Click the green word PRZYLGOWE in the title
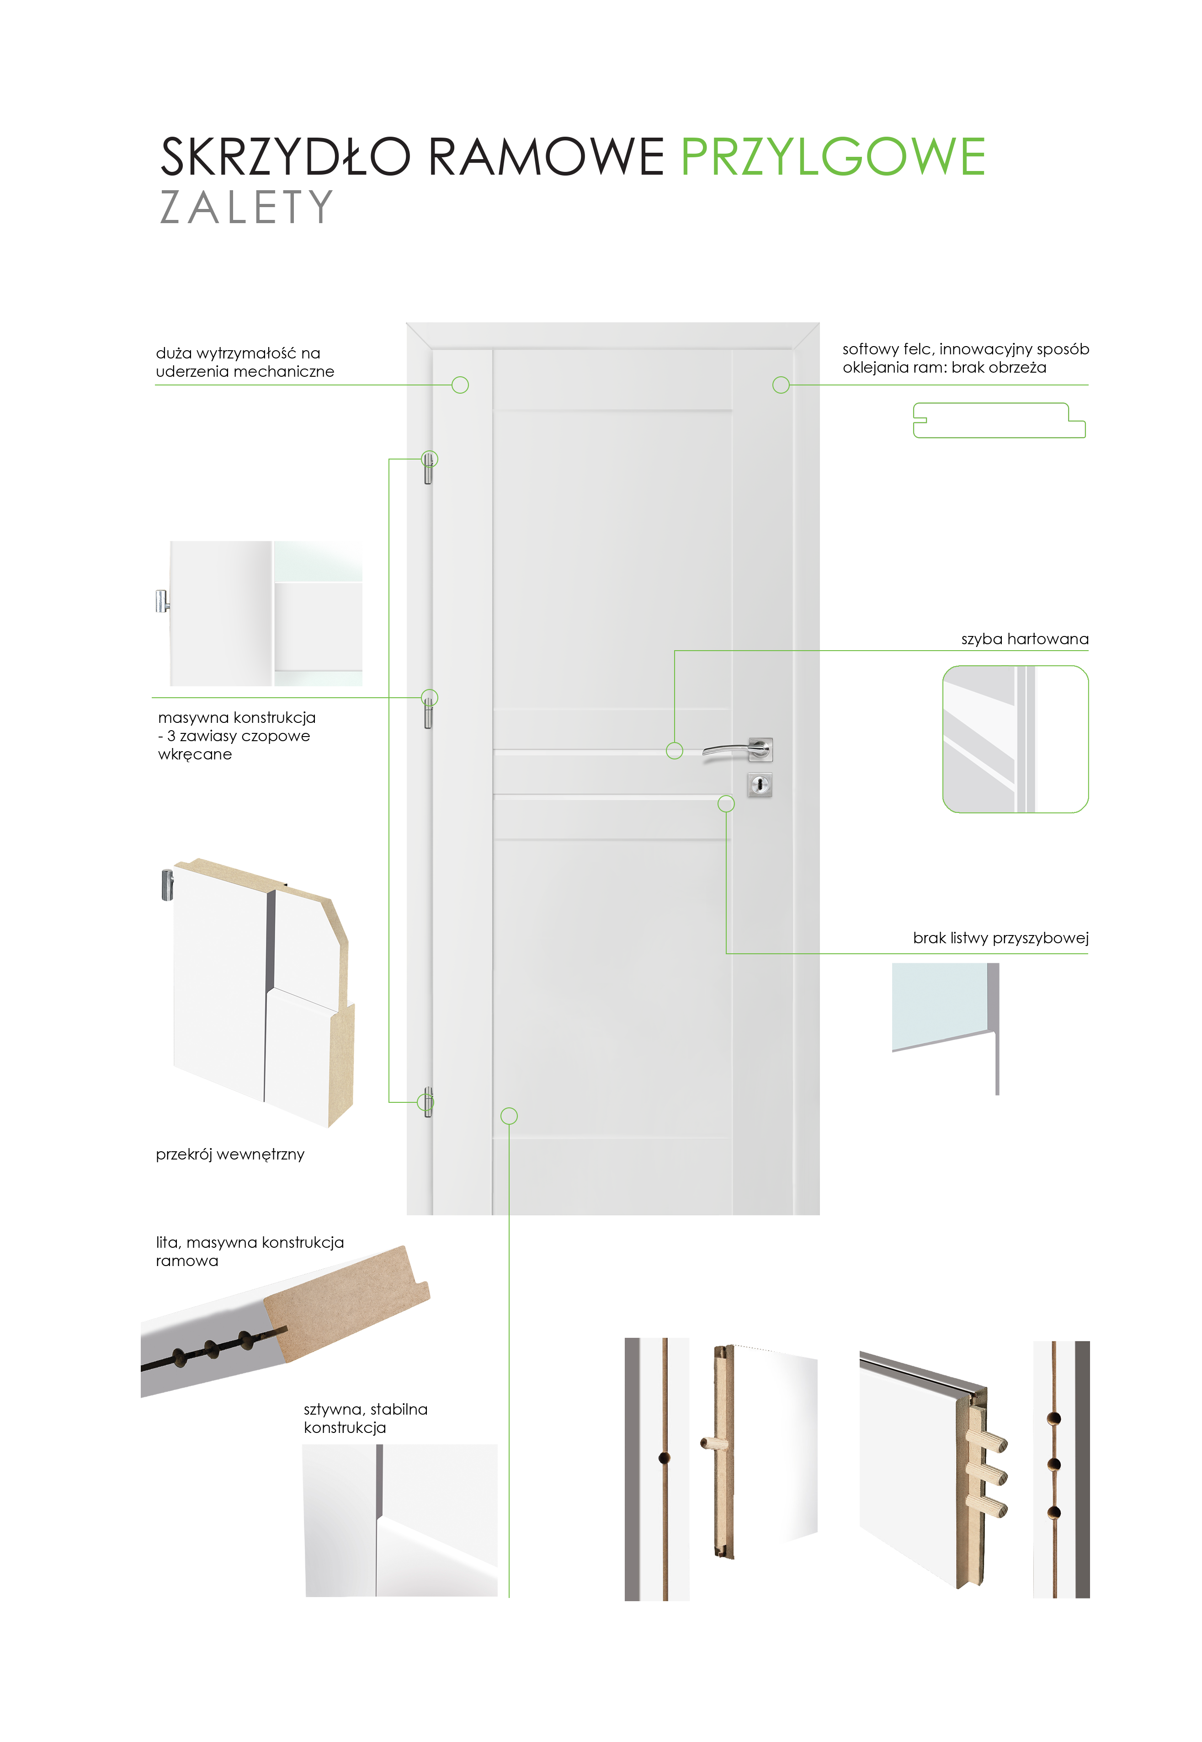click(833, 157)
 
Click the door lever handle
click(737, 750)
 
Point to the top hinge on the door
click(429, 467)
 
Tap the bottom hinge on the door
click(429, 1101)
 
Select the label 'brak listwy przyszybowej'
click(1001, 938)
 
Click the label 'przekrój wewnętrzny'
click(230, 1154)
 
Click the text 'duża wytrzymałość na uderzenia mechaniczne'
click(245, 363)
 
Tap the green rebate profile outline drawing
click(999, 421)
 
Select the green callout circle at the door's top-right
click(781, 385)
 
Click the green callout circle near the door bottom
click(509, 1116)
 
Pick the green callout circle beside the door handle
click(675, 750)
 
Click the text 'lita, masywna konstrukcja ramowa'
click(249, 1251)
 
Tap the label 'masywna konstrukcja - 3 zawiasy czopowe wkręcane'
click(236, 736)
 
